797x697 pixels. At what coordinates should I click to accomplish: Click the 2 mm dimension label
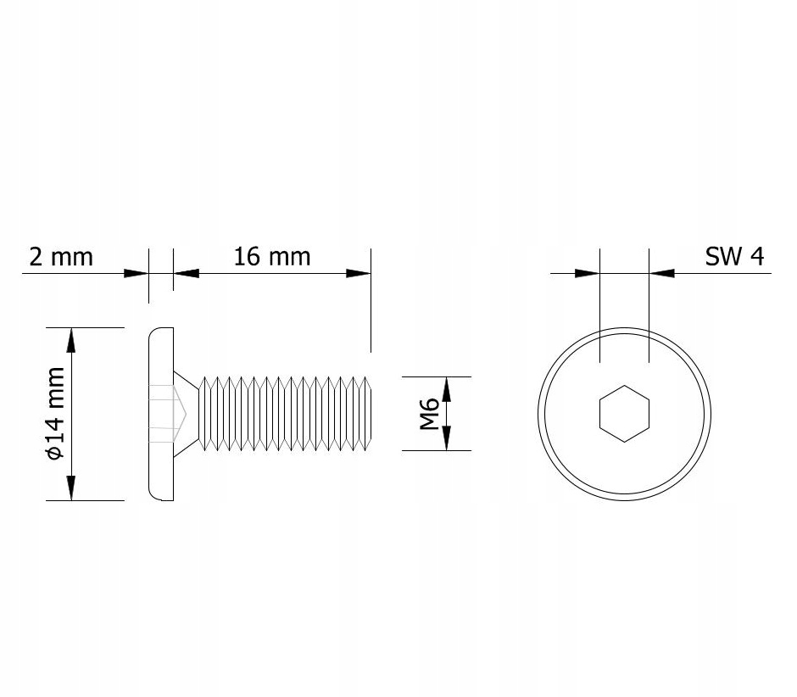pos(60,256)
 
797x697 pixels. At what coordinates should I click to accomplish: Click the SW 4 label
pos(734,256)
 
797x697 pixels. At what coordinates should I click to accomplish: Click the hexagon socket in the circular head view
pos(624,414)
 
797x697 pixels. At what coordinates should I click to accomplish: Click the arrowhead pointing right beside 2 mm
pos(136,273)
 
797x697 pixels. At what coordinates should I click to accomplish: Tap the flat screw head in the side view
pos(161,414)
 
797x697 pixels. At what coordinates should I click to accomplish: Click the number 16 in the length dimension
pos(246,256)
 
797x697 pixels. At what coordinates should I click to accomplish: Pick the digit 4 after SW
pos(757,256)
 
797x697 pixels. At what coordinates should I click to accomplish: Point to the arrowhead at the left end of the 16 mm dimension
pos(186,273)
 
